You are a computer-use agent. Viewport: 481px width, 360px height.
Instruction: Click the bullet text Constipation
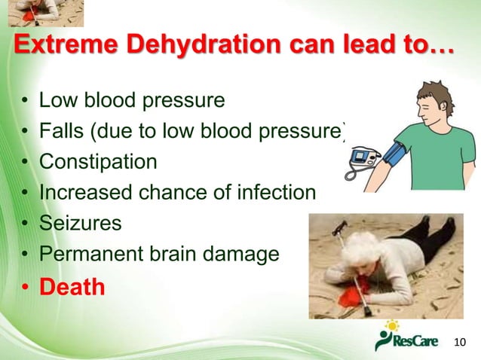(x=98, y=162)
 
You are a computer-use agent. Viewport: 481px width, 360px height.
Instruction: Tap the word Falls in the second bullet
(x=61, y=131)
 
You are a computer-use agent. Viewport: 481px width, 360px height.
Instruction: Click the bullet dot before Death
(x=26, y=288)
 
